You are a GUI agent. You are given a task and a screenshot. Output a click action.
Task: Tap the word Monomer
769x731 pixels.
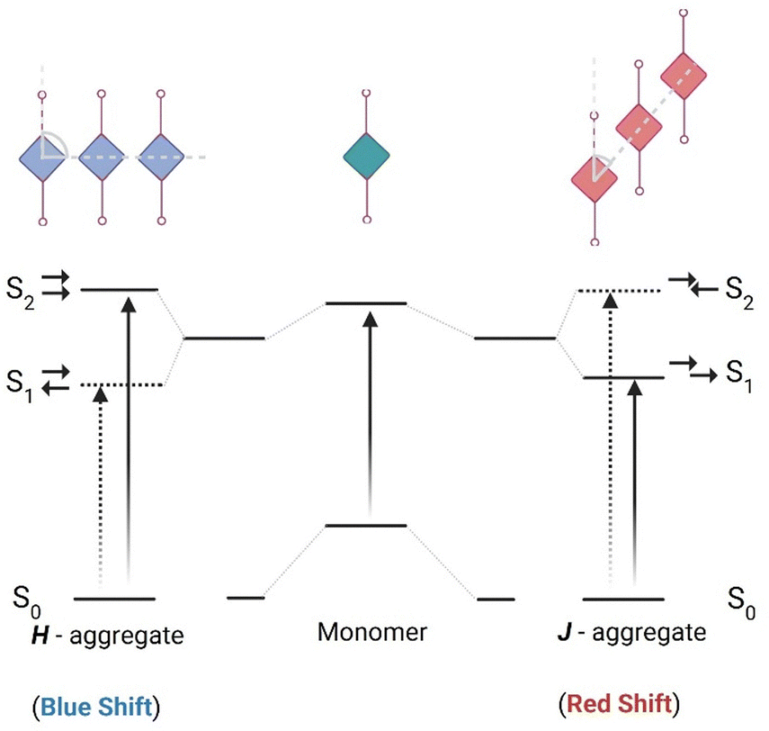(x=371, y=633)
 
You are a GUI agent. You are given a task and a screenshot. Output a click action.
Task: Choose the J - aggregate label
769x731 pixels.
(x=627, y=633)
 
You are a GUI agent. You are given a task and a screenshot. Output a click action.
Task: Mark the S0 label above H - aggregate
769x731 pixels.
(x=28, y=597)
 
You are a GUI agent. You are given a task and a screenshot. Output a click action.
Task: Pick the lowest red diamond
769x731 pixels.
(x=596, y=176)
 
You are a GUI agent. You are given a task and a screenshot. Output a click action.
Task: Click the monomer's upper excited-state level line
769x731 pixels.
(x=366, y=303)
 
